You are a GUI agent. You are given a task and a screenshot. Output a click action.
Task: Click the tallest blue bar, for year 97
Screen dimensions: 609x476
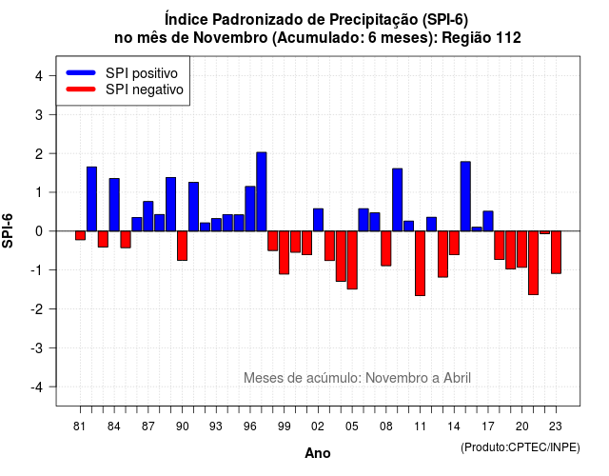[x=262, y=191]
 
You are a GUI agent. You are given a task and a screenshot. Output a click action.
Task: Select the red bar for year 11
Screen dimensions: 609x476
[x=420, y=264]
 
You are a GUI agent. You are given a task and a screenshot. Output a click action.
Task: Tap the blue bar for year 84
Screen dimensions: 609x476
[x=114, y=205]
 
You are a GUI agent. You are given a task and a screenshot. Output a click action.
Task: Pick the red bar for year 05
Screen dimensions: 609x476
[x=352, y=260]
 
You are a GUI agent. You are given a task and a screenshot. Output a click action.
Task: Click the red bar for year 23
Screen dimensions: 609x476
[x=556, y=252]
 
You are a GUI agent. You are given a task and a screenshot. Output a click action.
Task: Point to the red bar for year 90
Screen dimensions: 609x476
[x=182, y=246]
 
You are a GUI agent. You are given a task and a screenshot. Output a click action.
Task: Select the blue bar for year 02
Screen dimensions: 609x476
[x=318, y=220]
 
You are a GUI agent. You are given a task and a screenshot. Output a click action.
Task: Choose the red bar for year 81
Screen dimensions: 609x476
[x=80, y=235]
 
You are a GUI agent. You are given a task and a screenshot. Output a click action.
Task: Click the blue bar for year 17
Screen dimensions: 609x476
[x=488, y=221]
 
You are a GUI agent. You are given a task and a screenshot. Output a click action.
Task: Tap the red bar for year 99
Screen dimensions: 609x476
[x=284, y=252]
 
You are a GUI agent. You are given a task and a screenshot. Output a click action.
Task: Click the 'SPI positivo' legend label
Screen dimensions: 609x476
[x=142, y=73]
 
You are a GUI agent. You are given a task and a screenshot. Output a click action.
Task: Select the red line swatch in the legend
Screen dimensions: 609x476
[x=81, y=89]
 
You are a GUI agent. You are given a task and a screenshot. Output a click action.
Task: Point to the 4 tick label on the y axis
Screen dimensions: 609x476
[x=39, y=76]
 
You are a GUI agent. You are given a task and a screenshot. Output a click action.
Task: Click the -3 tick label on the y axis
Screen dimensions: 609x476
[x=37, y=347]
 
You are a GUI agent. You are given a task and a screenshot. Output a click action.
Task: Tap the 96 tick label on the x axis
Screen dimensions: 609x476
[x=250, y=426]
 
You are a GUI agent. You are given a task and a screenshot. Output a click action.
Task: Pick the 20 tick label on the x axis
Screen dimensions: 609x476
[x=522, y=426]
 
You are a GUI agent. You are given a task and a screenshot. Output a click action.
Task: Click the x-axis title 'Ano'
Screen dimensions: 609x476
[x=318, y=453]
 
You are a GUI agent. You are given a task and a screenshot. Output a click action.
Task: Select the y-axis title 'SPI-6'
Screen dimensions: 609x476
[x=8, y=230]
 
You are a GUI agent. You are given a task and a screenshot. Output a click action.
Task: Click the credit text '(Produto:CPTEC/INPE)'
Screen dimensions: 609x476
[x=521, y=447]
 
